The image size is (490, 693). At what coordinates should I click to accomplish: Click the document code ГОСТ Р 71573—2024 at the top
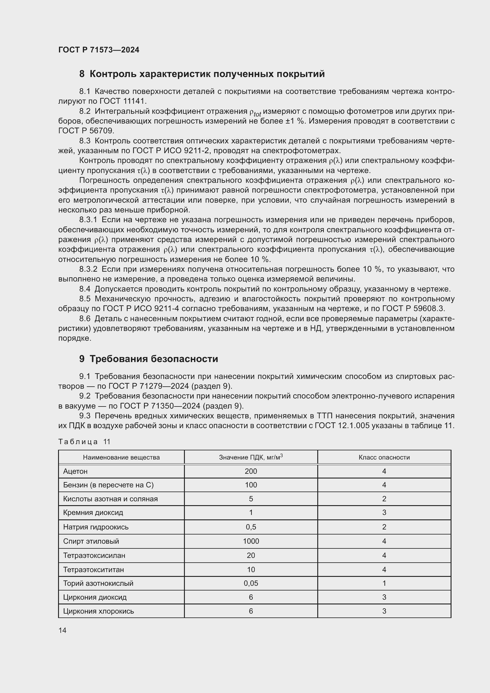click(x=99, y=50)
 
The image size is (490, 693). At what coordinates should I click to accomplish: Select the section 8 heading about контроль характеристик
click(x=202, y=74)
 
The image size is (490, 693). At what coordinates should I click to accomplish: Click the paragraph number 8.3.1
click(x=88, y=220)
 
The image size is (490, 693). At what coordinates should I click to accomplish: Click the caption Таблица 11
click(x=84, y=441)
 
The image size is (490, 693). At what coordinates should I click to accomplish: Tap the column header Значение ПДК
click(x=250, y=457)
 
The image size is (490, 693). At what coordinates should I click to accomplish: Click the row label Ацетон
click(x=75, y=471)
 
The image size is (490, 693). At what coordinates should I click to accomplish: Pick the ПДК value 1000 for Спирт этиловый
click(x=251, y=541)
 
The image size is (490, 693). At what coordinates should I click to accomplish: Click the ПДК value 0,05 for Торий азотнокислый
click(x=251, y=583)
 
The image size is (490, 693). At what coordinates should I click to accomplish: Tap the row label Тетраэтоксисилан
click(x=94, y=555)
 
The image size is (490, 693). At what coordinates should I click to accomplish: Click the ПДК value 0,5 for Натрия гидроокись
click(x=251, y=527)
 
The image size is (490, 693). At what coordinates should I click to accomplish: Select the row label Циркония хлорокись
click(x=98, y=611)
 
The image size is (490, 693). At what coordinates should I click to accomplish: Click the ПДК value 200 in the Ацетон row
click(x=251, y=471)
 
